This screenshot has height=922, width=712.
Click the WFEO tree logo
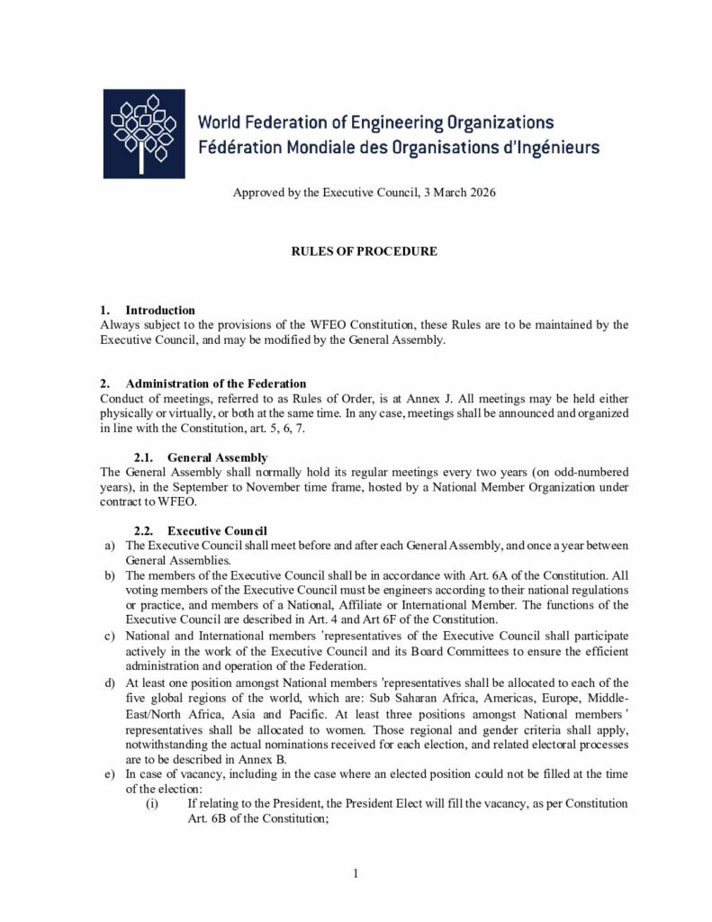point(144,133)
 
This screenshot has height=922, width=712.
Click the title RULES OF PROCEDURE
point(363,251)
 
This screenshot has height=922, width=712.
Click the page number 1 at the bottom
point(356,872)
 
